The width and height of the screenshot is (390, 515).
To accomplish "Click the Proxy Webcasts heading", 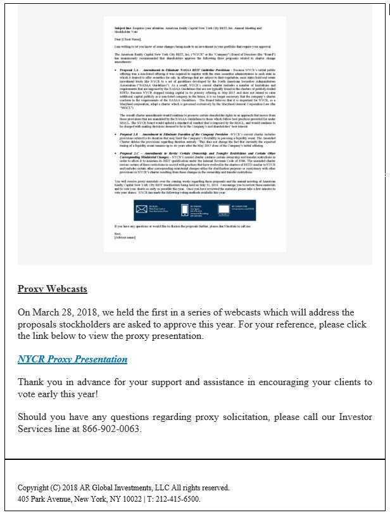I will (x=53, y=289).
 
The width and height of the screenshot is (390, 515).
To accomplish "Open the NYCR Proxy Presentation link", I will (x=72, y=359).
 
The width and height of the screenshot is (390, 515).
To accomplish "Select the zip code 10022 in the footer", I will (x=132, y=499).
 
